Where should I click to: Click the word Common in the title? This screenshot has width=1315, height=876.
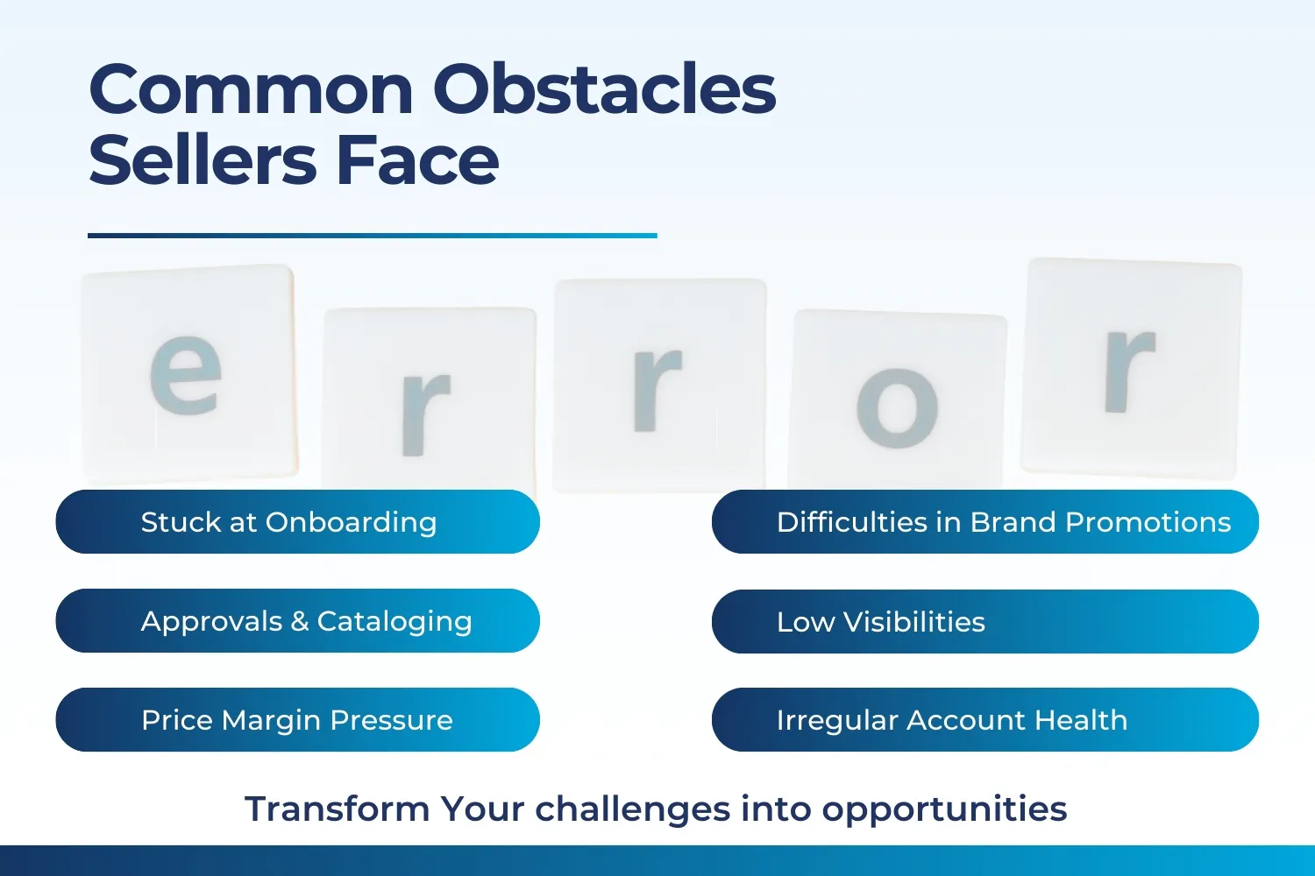click(252, 89)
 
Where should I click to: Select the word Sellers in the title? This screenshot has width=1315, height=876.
click(203, 159)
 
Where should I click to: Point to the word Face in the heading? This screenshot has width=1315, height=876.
click(417, 159)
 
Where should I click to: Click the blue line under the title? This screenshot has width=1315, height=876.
click(373, 236)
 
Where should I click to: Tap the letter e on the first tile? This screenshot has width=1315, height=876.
click(186, 375)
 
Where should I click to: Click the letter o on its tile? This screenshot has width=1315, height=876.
click(897, 408)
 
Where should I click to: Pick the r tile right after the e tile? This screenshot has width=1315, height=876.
click(430, 399)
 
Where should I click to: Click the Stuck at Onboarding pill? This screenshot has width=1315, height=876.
click(298, 521)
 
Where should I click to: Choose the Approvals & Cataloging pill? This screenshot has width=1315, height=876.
click(298, 621)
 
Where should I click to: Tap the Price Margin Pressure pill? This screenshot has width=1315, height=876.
click(298, 719)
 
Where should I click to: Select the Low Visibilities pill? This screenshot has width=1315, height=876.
click(985, 621)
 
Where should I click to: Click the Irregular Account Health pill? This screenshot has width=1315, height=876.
click(985, 719)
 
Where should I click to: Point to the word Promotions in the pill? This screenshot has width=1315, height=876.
click(1148, 521)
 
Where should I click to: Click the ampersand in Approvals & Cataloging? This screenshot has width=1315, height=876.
click(300, 621)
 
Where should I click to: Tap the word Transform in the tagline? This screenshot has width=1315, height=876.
click(337, 809)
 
